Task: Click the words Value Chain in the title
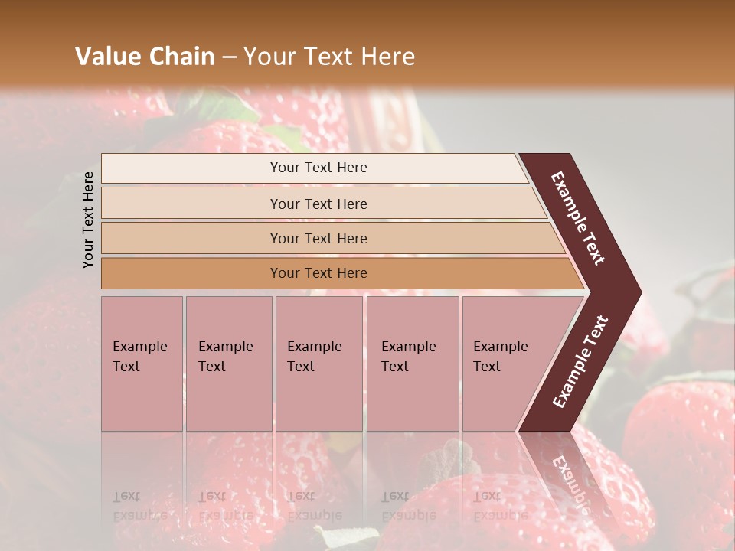point(145,57)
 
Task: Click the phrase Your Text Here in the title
point(329,57)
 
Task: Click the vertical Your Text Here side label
point(89,220)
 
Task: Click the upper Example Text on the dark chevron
point(578,218)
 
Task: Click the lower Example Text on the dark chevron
point(580,362)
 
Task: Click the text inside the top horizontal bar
point(318,168)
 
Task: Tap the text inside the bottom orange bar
point(318,273)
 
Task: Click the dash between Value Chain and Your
point(229,57)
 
